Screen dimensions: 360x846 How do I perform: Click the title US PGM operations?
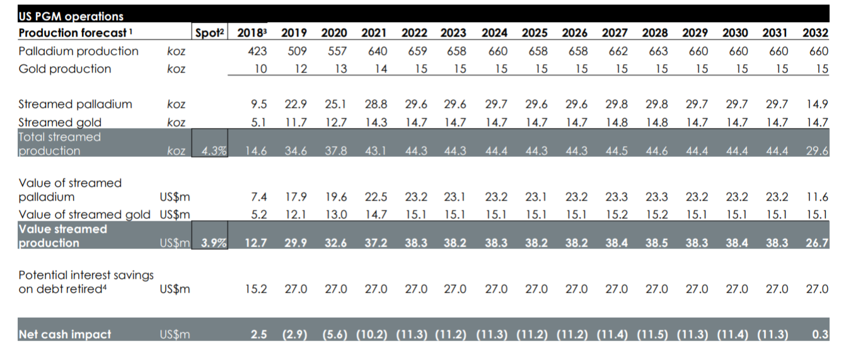pos(71,16)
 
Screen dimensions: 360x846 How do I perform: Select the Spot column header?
pos(209,33)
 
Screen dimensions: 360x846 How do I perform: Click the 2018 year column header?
pos(252,33)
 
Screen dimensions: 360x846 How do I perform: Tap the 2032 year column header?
pos(815,33)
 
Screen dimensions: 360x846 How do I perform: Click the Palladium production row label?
pos(78,51)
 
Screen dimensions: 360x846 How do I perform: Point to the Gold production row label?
pos(64,69)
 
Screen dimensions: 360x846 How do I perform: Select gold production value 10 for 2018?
pos(260,69)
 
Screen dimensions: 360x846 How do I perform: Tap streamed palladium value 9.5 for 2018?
pos(258,105)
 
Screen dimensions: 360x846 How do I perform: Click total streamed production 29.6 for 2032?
pos(818,151)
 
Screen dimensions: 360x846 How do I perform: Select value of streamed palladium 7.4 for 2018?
pos(258,197)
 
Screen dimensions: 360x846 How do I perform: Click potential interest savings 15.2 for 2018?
pos(256,289)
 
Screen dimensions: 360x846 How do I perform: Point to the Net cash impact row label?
pos(64,335)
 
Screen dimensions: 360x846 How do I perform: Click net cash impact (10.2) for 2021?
pos(375,335)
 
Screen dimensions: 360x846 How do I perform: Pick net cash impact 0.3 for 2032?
pos(820,335)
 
